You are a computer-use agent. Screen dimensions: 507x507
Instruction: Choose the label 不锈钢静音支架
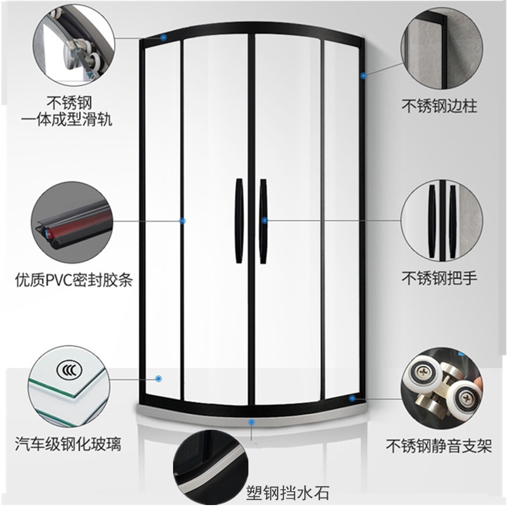(440, 446)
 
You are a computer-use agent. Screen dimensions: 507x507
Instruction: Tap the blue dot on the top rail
(164, 37)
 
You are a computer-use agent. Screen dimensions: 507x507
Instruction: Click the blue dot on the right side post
(363, 76)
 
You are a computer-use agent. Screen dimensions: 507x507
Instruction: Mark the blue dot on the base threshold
(252, 420)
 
